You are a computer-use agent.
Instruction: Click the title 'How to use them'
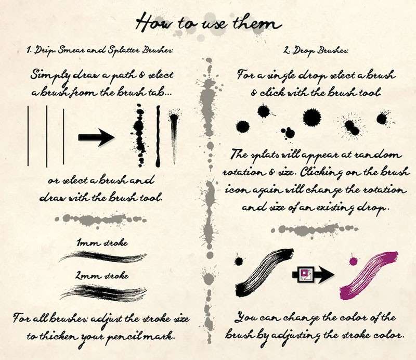click(x=209, y=22)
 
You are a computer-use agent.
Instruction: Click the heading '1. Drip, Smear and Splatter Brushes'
click(x=99, y=50)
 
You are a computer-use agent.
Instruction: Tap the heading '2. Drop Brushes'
click(x=315, y=50)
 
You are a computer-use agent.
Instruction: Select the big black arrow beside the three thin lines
click(x=96, y=137)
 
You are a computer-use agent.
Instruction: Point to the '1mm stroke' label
click(x=102, y=243)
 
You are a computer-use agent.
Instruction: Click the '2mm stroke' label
click(x=102, y=276)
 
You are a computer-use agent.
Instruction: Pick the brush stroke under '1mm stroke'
click(x=102, y=257)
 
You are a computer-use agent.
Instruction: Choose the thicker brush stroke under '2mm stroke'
click(x=103, y=293)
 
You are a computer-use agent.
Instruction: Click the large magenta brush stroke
click(x=369, y=275)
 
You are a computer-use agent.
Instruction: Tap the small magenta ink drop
click(x=354, y=261)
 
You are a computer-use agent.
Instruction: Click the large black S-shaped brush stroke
click(x=265, y=272)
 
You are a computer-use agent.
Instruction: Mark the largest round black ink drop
click(x=312, y=118)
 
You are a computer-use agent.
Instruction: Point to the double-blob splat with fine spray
click(x=352, y=127)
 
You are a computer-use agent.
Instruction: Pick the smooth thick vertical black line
click(x=158, y=136)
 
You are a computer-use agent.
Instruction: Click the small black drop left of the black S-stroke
click(x=239, y=261)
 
